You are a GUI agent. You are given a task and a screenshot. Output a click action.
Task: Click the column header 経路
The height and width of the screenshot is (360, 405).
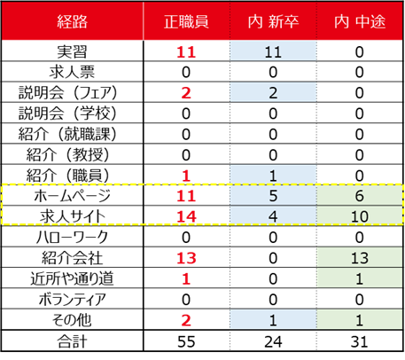(73, 22)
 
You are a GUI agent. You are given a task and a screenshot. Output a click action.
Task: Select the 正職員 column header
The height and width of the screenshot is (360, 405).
(186, 22)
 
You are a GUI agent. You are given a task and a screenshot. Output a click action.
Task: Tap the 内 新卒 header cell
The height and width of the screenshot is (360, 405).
(273, 22)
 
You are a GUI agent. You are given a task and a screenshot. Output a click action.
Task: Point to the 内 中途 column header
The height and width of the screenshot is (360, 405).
(360, 22)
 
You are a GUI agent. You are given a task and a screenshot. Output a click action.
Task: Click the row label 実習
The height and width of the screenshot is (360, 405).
(72, 52)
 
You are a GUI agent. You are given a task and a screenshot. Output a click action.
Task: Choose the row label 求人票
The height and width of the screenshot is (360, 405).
(72, 73)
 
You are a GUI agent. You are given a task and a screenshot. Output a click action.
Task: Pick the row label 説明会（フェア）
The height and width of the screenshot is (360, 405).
(67, 93)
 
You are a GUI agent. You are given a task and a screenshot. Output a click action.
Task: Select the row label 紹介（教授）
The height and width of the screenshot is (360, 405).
(67, 155)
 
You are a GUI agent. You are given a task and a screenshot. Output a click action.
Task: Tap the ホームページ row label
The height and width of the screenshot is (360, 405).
(73, 196)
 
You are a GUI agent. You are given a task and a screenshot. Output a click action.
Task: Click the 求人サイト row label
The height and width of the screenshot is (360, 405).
(73, 216)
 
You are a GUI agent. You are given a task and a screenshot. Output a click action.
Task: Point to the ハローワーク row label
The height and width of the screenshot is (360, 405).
(72, 237)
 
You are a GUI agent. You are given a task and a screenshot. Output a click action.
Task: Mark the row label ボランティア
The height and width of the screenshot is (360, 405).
(73, 299)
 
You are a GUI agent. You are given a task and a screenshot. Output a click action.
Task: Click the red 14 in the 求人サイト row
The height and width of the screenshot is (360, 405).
(186, 216)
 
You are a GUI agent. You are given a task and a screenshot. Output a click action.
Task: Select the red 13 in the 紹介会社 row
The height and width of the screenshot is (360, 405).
(186, 258)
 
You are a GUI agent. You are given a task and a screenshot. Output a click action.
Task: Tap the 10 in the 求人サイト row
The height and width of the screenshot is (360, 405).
(360, 216)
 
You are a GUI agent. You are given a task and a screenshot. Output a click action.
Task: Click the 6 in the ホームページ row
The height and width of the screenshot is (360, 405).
(360, 196)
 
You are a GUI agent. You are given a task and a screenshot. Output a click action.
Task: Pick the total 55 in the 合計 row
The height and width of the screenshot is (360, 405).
(186, 341)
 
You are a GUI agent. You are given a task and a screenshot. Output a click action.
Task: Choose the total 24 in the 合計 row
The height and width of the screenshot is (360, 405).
(273, 341)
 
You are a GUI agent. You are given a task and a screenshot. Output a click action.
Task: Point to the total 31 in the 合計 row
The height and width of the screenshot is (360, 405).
(360, 341)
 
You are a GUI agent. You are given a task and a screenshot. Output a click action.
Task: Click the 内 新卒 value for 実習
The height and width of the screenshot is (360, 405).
(273, 52)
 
